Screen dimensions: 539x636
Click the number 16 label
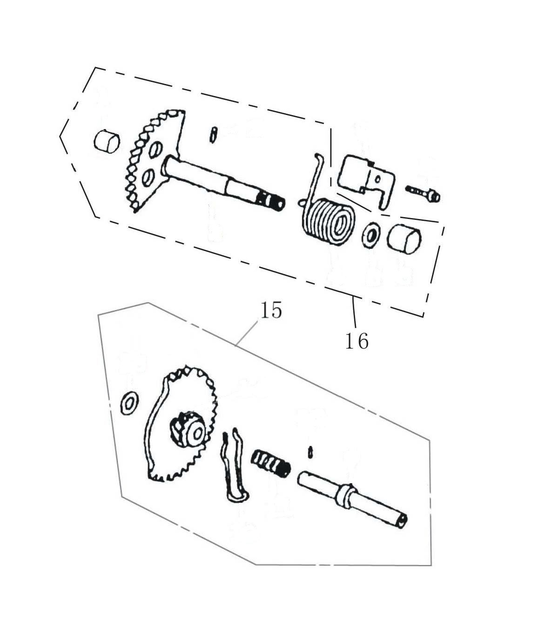tap(357, 341)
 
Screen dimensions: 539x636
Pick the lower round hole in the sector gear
tap(148, 178)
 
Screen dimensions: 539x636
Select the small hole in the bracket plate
tap(378, 179)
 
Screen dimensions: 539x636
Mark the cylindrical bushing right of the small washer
tap(404, 238)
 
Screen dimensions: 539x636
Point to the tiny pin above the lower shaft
tap(310, 452)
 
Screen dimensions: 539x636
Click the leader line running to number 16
tap(354, 312)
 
